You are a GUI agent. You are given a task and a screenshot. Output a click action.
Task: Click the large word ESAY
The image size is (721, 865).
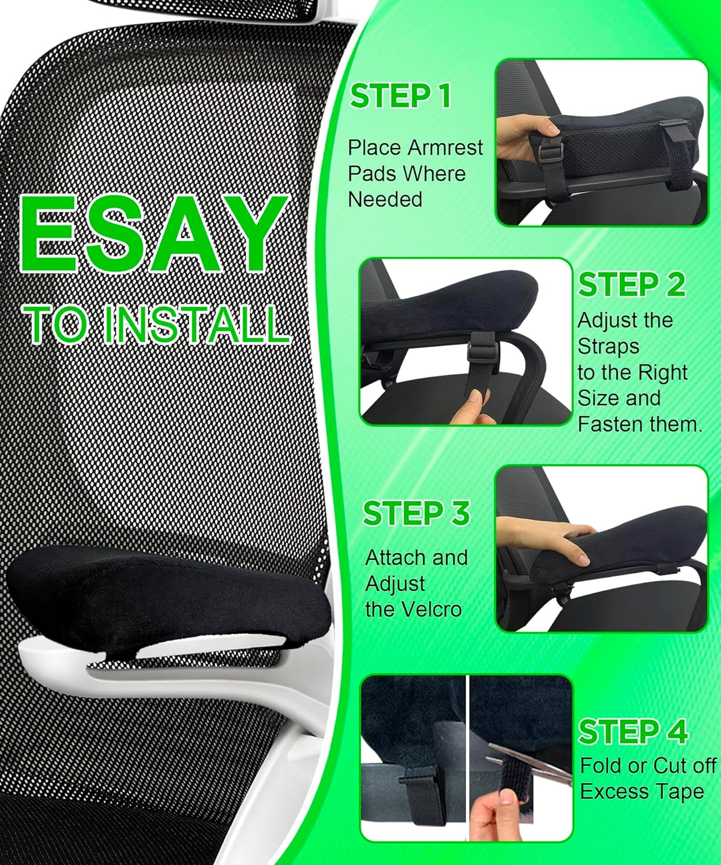(x=155, y=235)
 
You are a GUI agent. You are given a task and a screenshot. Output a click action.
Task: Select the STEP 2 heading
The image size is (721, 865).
(x=632, y=284)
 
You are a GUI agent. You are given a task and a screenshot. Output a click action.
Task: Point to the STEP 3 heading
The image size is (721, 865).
(x=416, y=513)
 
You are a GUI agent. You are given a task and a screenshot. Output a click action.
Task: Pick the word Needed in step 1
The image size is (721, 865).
(x=385, y=200)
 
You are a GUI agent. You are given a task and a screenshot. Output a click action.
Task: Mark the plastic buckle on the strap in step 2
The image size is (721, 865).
(x=476, y=348)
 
